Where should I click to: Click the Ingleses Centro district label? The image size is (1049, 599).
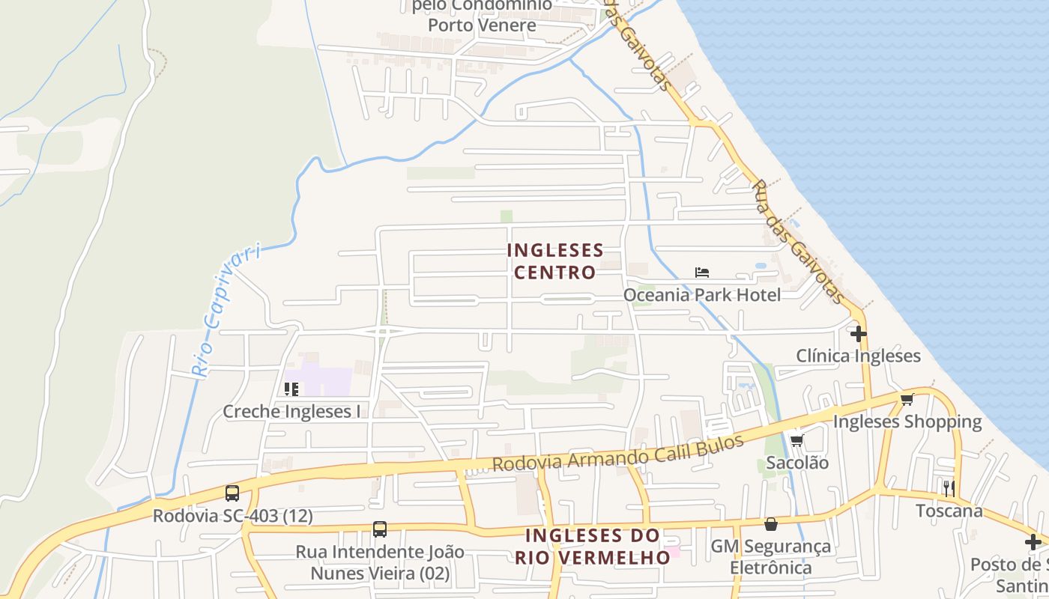(x=555, y=261)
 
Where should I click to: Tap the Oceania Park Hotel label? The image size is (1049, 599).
(x=702, y=295)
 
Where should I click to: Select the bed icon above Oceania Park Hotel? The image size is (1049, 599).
(x=702, y=273)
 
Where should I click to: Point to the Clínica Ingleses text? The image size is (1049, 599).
(x=858, y=356)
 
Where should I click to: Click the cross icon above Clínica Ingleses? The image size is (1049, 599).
(x=859, y=333)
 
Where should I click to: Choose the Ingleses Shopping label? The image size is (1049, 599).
(x=907, y=422)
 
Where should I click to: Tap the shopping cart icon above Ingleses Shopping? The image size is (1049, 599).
(x=907, y=399)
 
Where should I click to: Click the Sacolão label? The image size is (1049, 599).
(x=797, y=463)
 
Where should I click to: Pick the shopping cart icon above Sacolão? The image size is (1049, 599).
(x=797, y=440)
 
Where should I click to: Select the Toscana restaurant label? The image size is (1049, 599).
(x=949, y=511)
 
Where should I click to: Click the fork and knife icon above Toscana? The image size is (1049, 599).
(x=949, y=488)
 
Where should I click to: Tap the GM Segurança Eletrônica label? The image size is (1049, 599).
(x=771, y=557)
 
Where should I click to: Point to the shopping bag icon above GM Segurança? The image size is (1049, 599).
(x=771, y=524)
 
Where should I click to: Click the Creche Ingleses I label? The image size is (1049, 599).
(x=291, y=411)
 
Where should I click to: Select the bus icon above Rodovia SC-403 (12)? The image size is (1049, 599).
(x=232, y=493)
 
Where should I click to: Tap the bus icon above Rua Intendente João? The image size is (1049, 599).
(x=380, y=529)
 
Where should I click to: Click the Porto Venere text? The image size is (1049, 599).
(x=482, y=25)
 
